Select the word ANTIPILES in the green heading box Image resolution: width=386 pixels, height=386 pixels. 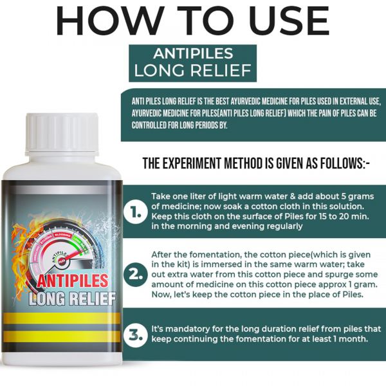point(193,53)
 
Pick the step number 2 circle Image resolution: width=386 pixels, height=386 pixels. point(136,275)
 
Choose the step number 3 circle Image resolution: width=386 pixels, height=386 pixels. point(136,335)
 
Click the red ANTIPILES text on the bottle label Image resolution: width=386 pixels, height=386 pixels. point(73,280)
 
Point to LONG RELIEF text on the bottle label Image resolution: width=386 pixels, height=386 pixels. point(72,299)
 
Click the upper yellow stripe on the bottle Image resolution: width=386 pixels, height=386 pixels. point(62,318)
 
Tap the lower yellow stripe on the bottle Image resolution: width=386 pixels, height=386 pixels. point(62,336)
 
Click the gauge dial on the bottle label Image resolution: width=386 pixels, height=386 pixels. point(62,248)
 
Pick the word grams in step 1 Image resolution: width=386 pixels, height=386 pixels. point(361,197)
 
